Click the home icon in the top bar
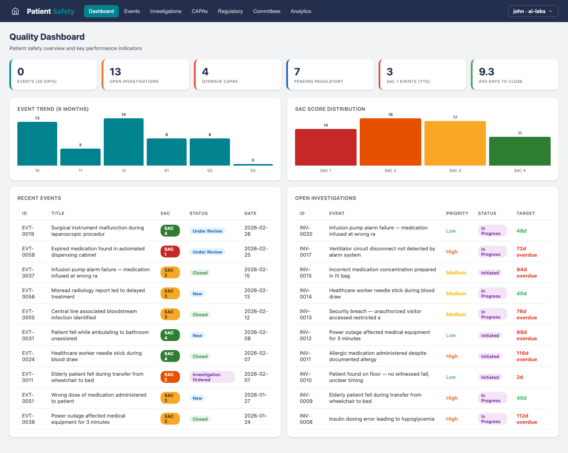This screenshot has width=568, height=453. (x=15, y=11)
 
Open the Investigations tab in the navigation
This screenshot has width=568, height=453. (x=166, y=11)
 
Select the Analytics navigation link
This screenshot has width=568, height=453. (x=301, y=11)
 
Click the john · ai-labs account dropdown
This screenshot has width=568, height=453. (x=533, y=11)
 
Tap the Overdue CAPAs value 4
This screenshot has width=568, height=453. (x=205, y=72)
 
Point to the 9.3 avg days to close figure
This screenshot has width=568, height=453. (x=486, y=72)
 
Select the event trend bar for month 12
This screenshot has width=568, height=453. (x=123, y=142)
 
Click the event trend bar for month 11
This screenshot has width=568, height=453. (x=80, y=157)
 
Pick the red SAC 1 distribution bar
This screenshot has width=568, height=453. (x=325, y=147)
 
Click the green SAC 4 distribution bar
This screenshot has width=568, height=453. (x=519, y=151)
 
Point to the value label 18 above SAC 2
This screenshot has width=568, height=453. (x=390, y=115)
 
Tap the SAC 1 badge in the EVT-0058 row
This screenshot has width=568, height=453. (x=170, y=252)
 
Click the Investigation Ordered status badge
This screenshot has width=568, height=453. (x=212, y=377)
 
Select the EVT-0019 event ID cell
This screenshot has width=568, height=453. (x=28, y=231)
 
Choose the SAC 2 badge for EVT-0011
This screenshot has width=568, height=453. (x=170, y=377)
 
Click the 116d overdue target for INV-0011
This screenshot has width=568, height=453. (x=527, y=356)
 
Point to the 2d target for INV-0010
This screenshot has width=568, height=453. (x=520, y=377)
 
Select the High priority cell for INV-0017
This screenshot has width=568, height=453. (x=452, y=252)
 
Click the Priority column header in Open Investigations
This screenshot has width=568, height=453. (x=457, y=213)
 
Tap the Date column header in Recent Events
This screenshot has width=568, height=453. (x=250, y=213)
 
